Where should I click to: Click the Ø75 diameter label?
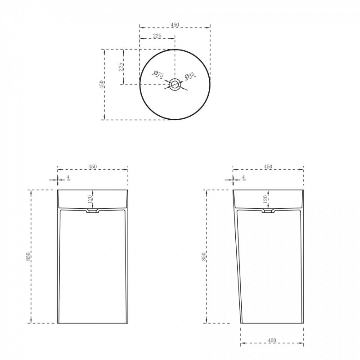click(158, 74)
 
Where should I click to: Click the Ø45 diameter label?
click(189, 75)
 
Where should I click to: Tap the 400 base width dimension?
click(272, 341)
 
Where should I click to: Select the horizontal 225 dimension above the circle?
click(157, 36)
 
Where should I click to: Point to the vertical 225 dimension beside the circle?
click(121, 67)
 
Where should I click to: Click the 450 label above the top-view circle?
click(175, 25)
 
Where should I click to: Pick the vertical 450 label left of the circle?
click(101, 85)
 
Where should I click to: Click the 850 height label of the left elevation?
click(28, 256)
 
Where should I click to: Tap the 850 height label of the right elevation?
click(204, 256)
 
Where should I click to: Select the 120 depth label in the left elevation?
click(90, 198)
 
